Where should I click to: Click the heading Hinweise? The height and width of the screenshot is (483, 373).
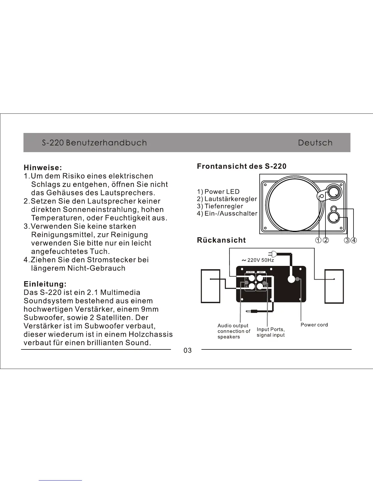43,168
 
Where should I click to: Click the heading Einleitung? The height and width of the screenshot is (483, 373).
45,284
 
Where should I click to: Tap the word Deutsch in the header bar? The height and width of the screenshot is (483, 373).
315,143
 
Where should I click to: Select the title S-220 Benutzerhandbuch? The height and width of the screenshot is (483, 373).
94,143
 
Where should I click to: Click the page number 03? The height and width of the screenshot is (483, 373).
188,351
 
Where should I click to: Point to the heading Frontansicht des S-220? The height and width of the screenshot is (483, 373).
242,166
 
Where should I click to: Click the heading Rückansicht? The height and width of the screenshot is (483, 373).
221,240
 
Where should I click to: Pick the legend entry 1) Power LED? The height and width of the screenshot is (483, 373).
218,192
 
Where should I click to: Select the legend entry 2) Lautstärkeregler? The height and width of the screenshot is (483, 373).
227,199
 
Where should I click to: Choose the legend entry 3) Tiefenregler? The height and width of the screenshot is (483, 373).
220,206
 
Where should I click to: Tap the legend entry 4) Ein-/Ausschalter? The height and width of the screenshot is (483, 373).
227,214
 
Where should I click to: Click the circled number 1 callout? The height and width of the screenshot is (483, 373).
318,240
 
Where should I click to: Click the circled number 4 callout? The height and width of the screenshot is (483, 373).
353,240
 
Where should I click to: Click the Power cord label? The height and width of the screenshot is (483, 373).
314,325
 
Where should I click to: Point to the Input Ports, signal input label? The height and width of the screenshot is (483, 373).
271,332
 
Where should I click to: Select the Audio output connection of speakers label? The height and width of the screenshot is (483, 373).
234,331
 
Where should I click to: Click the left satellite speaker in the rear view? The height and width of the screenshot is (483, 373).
211,286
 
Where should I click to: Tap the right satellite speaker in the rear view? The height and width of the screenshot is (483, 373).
334,286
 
